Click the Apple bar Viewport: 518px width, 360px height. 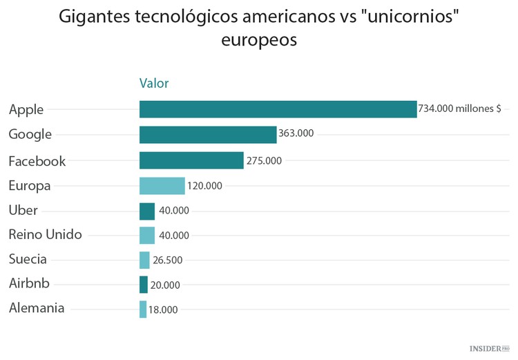pyautogui.click(x=278, y=109)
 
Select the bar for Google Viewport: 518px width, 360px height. pyautogui.click(x=208, y=135)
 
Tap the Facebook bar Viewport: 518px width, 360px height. pyautogui.click(x=191, y=160)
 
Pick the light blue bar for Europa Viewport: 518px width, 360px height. pyautogui.click(x=162, y=186)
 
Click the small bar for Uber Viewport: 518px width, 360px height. pyautogui.click(x=147, y=211)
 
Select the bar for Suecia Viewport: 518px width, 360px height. pyautogui.click(x=144, y=260)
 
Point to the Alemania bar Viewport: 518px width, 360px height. pyautogui.click(x=143, y=310)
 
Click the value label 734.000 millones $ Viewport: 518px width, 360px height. pyautogui.click(x=459, y=109)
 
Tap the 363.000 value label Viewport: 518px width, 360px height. pyautogui.click(x=296, y=133)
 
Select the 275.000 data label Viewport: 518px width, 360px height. pyautogui.click(x=264, y=160)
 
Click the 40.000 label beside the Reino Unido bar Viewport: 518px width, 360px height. pyautogui.click(x=173, y=236)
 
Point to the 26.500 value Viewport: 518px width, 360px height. pyautogui.click(x=168, y=260)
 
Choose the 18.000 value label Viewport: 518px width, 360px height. pyautogui.click(x=163, y=310)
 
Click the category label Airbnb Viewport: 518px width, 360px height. pyautogui.click(x=28, y=283)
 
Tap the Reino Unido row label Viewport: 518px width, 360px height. pyautogui.click(x=45, y=234)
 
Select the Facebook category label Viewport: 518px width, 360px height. pyautogui.click(x=37, y=161)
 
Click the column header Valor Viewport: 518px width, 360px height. pyautogui.click(x=154, y=84)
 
